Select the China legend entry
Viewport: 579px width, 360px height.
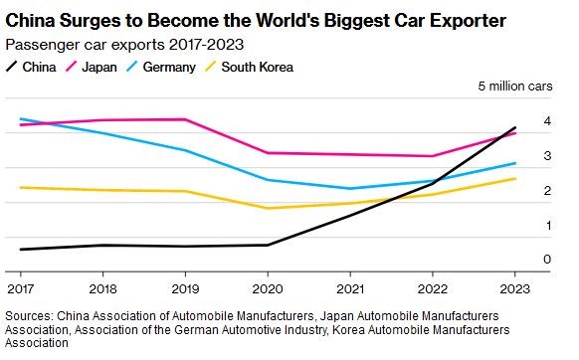click(x=31, y=68)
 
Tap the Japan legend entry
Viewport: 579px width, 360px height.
click(x=92, y=68)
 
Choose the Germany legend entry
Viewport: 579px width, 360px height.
click(x=160, y=68)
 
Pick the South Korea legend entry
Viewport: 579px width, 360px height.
click(x=249, y=68)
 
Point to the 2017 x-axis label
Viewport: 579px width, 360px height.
click(x=20, y=288)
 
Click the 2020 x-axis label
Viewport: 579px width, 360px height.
click(x=268, y=288)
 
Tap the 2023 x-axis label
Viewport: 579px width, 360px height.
click(x=514, y=288)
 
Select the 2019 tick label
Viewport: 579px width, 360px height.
click(x=185, y=288)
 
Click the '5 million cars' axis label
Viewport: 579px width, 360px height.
click(x=515, y=87)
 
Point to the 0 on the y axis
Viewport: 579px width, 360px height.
click(x=547, y=260)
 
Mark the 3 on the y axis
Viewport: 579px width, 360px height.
click(x=547, y=156)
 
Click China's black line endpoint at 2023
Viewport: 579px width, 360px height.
click(x=514, y=127)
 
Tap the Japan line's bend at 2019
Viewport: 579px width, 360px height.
click(x=185, y=119)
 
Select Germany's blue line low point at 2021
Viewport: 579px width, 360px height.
click(x=350, y=189)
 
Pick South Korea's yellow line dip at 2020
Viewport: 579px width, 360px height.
click(x=268, y=208)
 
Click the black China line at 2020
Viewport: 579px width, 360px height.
click(x=268, y=245)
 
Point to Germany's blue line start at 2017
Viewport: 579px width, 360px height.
click(x=21, y=119)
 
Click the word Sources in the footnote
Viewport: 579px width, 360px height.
click(x=30, y=316)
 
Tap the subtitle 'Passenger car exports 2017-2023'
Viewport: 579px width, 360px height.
click(x=124, y=45)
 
